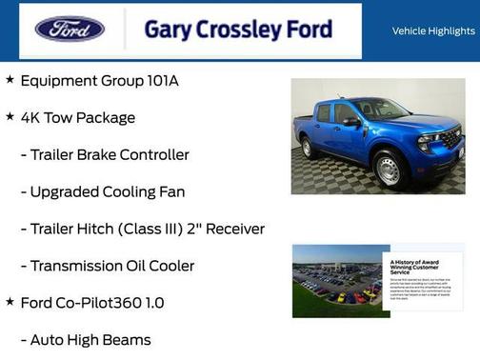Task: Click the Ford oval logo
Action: point(70,29)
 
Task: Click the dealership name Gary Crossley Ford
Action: point(238,30)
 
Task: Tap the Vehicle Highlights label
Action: point(433,30)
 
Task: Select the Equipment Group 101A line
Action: point(99,81)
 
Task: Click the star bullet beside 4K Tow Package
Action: point(10,116)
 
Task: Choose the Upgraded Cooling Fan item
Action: point(103,191)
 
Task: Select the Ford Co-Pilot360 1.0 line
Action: point(92,303)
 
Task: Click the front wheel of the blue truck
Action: point(389,170)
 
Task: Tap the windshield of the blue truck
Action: point(380,110)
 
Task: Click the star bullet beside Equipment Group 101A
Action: point(10,80)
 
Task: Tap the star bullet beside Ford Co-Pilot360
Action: point(10,302)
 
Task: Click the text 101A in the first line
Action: point(163,81)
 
